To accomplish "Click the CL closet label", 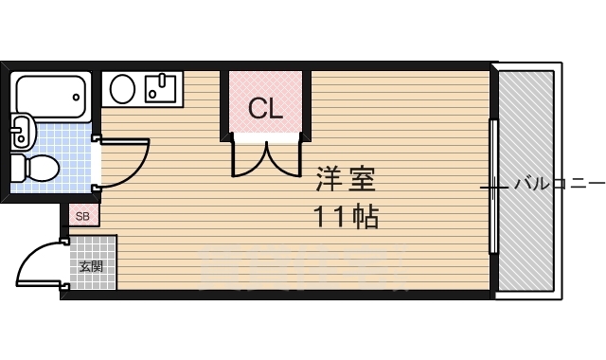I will coord(265,109).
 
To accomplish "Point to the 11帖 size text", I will coord(347,217).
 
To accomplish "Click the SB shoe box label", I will coord(82,217).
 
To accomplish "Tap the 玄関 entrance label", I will coord(92,266).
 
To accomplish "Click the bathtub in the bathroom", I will coord(51,93).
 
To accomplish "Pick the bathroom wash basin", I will coord(21,131).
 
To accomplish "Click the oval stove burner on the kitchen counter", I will coord(122,90).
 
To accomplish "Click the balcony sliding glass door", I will coord(492,186).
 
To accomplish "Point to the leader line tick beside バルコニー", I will coord(493,187).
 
